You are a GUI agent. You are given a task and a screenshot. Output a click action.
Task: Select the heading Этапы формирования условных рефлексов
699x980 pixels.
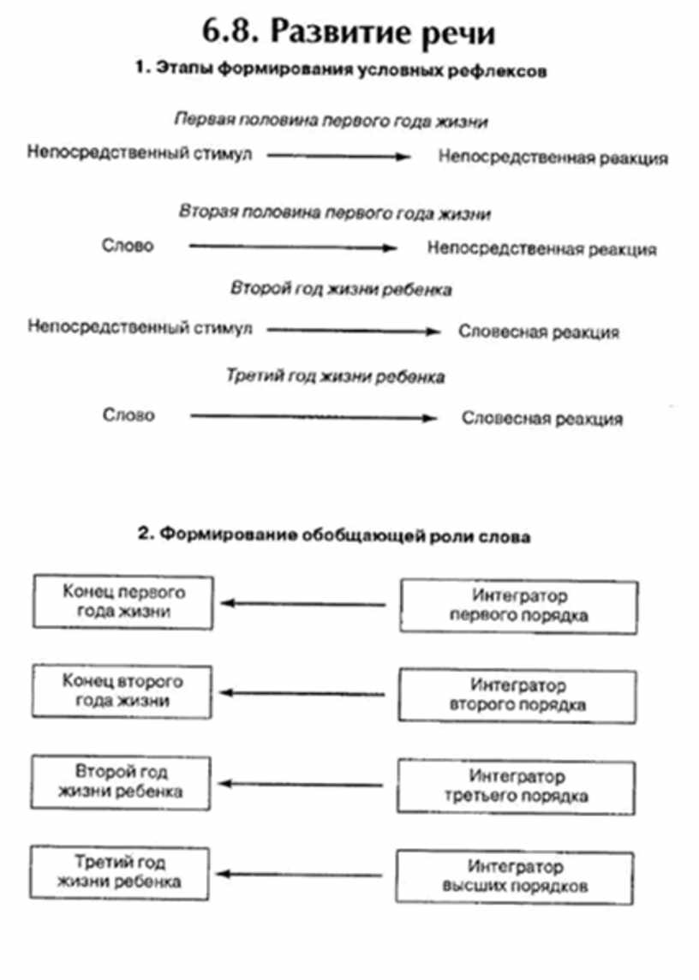point(341,73)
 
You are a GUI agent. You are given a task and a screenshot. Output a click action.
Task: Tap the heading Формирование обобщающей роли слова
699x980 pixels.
point(335,537)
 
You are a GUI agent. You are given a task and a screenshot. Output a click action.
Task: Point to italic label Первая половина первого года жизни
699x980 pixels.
point(331,121)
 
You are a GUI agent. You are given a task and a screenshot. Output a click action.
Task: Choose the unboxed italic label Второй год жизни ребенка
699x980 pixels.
point(341,290)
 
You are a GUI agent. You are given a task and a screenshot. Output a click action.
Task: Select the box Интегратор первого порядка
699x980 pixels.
point(518,606)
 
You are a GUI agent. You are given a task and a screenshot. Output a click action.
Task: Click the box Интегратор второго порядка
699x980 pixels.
point(517,696)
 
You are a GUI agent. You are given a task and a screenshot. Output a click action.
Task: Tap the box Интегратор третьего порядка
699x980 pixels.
point(517,786)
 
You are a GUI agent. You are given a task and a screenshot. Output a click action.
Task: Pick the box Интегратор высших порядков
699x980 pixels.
point(515,876)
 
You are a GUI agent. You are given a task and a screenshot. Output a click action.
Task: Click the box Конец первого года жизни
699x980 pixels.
point(123,601)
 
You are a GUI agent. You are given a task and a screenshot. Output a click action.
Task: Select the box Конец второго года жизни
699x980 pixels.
point(122,691)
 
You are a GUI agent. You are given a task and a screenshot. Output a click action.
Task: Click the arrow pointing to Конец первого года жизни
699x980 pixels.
point(304,603)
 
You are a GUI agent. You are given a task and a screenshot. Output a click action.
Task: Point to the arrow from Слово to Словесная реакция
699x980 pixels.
point(314,418)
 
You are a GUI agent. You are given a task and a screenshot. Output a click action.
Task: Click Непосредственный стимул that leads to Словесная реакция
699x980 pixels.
point(140,328)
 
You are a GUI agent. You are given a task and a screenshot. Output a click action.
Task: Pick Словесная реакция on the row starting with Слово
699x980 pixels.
point(542,419)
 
